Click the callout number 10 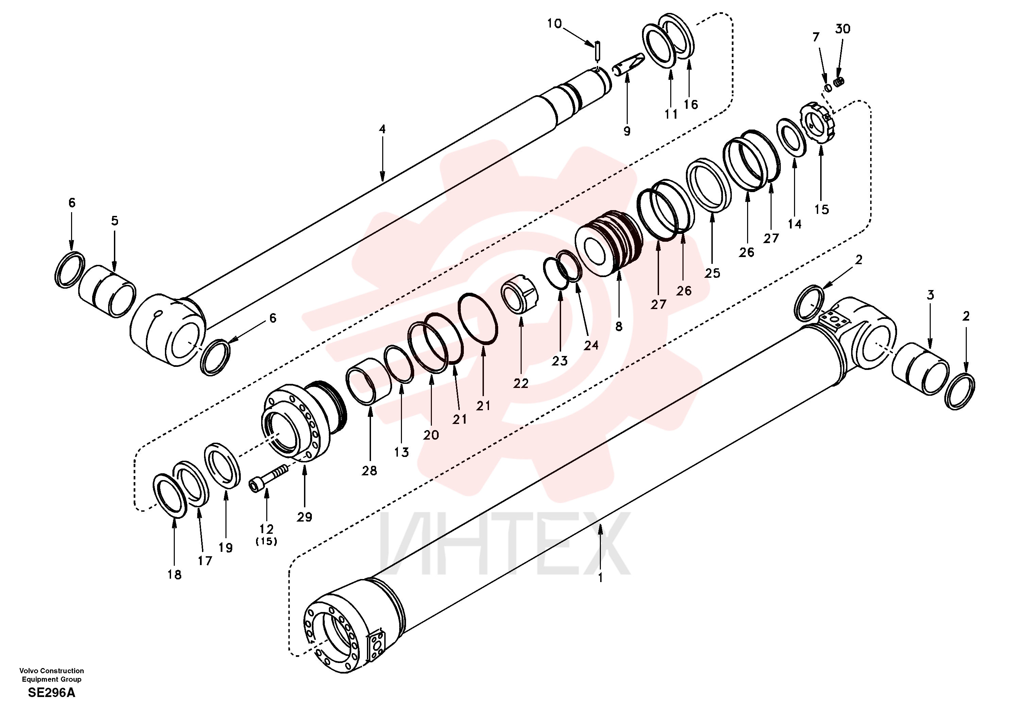(x=555, y=23)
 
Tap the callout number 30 (x=843, y=29)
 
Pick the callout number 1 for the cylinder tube (x=600, y=577)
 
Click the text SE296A (x=52, y=693)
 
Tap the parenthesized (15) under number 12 (x=266, y=541)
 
